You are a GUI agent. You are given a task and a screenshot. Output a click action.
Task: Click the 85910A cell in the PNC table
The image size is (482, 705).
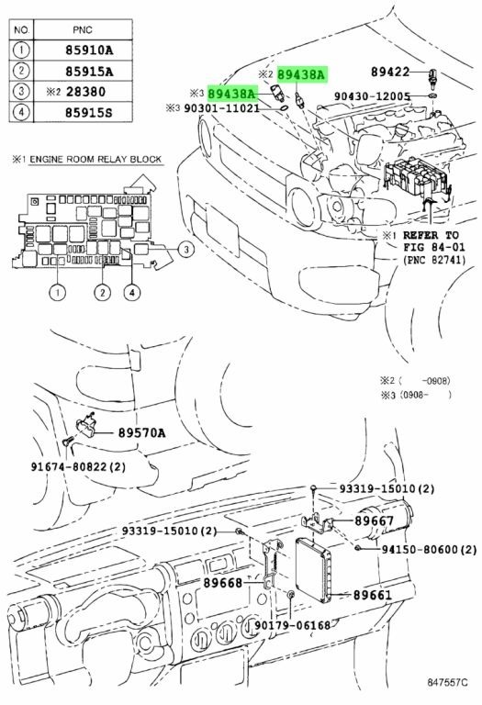tap(89, 50)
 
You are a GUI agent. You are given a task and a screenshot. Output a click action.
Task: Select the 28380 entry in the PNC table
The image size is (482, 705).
tap(85, 92)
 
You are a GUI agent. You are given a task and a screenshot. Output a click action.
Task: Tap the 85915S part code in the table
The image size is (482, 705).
tap(88, 112)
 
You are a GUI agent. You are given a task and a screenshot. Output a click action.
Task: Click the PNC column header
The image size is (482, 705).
tap(83, 30)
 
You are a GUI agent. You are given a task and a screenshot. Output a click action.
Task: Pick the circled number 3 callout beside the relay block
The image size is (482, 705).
tap(186, 250)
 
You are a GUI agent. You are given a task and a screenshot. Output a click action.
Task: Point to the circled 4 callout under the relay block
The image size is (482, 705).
tap(131, 293)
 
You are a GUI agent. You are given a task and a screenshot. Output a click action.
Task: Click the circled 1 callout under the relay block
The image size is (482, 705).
tap(58, 293)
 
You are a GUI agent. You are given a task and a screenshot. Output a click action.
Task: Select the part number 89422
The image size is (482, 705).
tap(390, 72)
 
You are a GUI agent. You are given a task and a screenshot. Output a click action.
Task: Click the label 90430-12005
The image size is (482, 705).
tap(373, 96)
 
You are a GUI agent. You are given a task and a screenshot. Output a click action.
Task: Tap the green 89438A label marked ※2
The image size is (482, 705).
tap(302, 74)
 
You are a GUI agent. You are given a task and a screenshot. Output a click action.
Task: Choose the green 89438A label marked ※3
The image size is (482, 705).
tap(232, 93)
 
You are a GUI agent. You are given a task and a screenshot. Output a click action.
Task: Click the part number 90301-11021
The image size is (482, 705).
tap(221, 108)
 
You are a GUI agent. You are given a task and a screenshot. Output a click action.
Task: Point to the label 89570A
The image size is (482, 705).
tap(141, 433)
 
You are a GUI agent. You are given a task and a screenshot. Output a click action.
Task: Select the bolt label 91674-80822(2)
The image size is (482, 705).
tap(78, 466)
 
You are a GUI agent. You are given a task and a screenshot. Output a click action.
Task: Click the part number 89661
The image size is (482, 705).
tap(373, 595)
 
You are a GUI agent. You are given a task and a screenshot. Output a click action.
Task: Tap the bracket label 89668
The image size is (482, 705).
tap(222, 583)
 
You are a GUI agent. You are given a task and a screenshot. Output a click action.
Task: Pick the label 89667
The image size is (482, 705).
tap(374, 520)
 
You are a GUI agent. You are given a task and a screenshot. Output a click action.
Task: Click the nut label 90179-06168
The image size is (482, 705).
tap(292, 625)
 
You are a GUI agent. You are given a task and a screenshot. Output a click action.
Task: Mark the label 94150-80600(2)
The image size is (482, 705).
tap(429, 549)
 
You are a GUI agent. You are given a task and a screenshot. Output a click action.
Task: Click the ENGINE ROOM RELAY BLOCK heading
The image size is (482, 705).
tap(95, 159)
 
